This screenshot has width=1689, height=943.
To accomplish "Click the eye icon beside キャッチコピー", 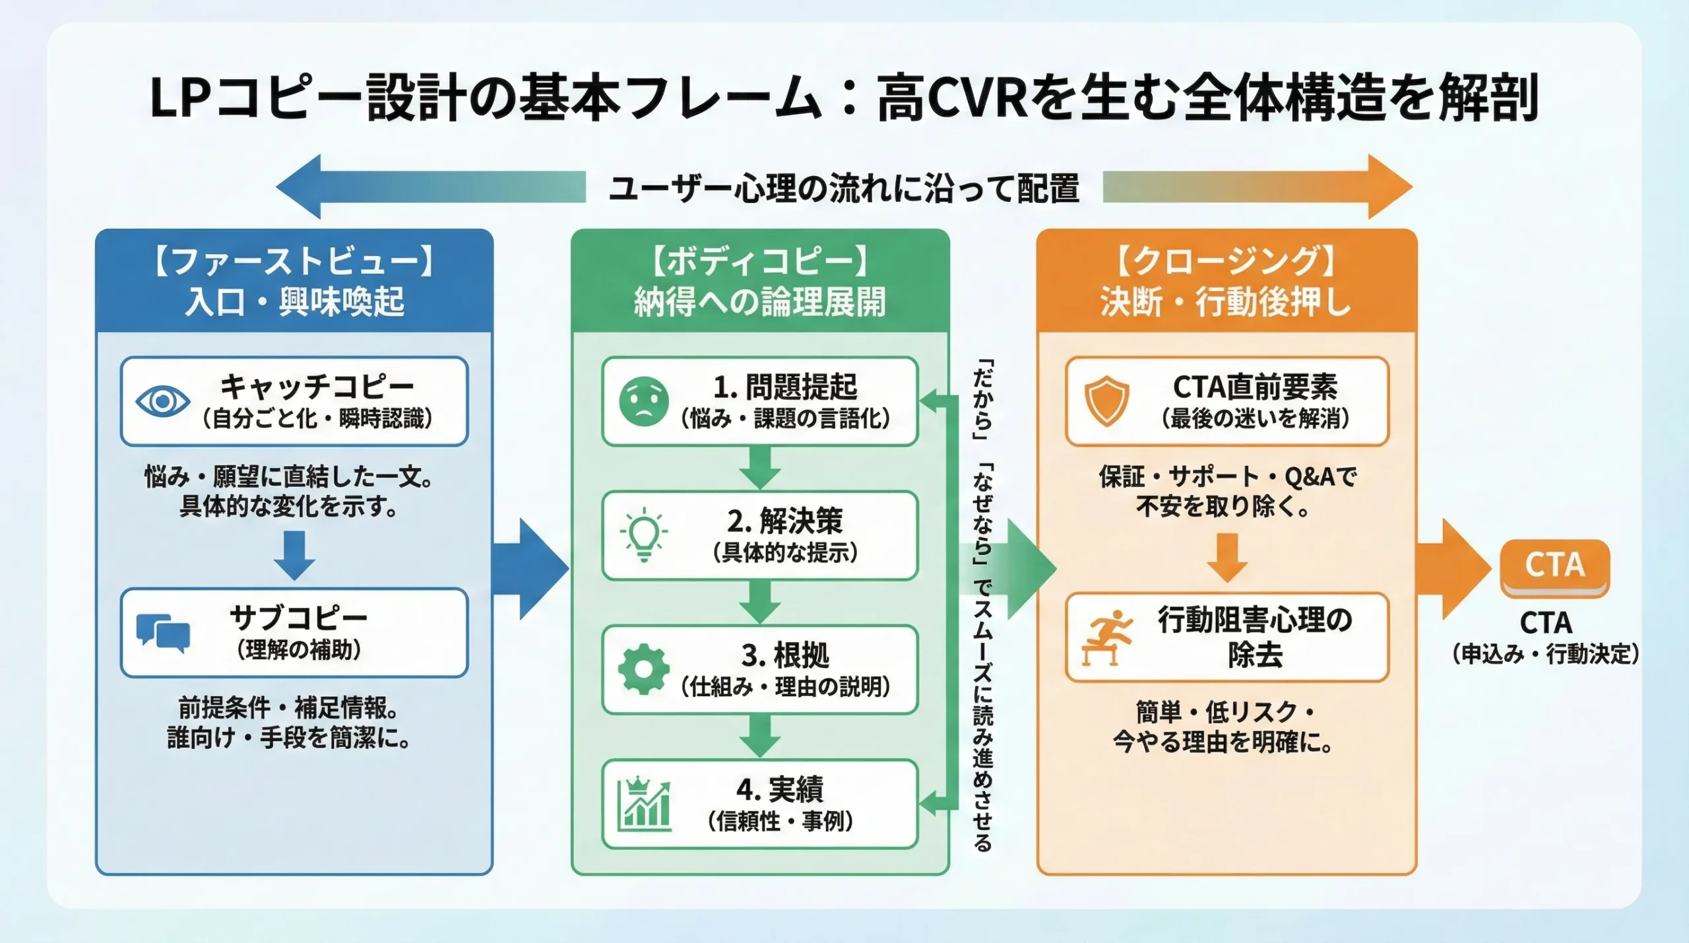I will coord(162,401).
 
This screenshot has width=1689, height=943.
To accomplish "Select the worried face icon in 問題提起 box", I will coord(644,401).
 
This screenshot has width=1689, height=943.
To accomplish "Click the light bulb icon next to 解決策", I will coord(644,535).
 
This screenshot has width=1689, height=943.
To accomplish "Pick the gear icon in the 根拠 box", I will coord(643,669).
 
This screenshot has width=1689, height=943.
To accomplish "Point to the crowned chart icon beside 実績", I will coord(644,804).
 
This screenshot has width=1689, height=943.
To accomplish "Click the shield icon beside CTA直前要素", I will coord(1106,401).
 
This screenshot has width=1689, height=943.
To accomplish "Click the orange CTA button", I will coord(1554,566).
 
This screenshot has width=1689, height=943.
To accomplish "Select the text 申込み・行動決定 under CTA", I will coord(1545,654).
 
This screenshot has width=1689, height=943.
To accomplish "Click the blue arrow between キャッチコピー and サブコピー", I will coord(294,555).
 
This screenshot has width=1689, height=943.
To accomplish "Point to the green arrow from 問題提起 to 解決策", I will coord(760,468).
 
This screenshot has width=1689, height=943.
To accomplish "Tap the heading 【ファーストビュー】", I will coord(294,262).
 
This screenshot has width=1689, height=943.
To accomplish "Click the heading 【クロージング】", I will coord(1227,262).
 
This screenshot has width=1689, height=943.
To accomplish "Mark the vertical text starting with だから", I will coord(982,604).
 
